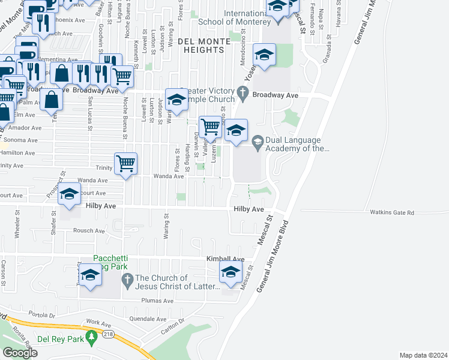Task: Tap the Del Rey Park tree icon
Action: click(92, 339)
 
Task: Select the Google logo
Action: click(20, 353)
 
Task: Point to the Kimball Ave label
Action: click(225, 259)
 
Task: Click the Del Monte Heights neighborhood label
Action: click(204, 46)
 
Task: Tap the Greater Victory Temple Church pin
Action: click(243, 92)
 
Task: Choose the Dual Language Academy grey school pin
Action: click(257, 142)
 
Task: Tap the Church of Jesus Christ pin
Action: click(127, 280)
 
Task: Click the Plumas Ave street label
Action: click(157, 301)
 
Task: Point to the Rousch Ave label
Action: click(88, 230)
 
